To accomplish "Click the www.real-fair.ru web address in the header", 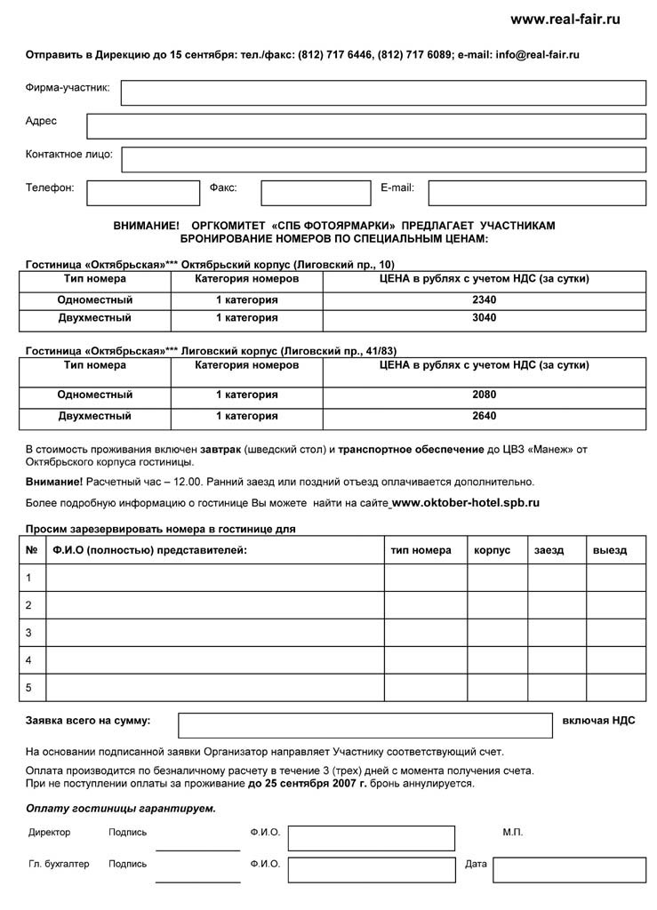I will point(565,20).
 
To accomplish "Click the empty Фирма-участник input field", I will point(383,92).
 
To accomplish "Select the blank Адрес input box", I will point(365,126).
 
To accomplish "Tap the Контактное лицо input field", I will point(383,159).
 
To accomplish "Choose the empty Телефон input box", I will point(143,193).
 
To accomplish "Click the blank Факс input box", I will point(316,193).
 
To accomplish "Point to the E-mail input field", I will point(536,193).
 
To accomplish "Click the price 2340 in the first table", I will point(485,299).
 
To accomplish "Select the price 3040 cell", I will point(485,318).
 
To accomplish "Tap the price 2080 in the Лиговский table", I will point(485,395).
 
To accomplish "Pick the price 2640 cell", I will point(485,416).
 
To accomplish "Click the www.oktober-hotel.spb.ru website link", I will point(466,503).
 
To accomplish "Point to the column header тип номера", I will point(421,550).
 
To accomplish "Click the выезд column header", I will point(610,550).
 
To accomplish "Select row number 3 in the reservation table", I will point(29,633).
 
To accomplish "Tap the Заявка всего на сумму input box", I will point(365,725).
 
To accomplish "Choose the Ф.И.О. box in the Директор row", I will point(371,838).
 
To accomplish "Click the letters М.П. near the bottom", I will point(513,833).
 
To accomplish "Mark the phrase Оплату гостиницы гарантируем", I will point(121,809).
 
